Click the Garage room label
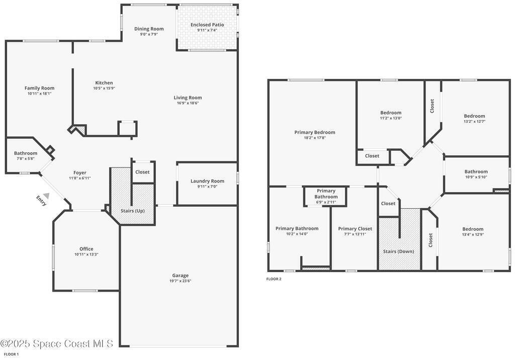point(181,276)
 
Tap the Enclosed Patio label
point(207,25)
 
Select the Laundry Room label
point(207,181)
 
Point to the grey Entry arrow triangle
point(47,196)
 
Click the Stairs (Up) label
point(132,211)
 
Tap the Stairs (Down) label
point(398,251)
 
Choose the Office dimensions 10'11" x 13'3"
point(87,254)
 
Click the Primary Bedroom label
point(315,132)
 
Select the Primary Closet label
point(355,229)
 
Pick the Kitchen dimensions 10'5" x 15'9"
point(104,88)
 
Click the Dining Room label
point(149,29)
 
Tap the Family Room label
point(39,88)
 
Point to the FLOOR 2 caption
point(274,279)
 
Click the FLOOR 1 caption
point(11,354)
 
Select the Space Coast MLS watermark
point(56,344)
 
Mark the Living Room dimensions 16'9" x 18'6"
point(188,103)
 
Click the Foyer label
point(80,173)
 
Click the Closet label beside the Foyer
point(142,172)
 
